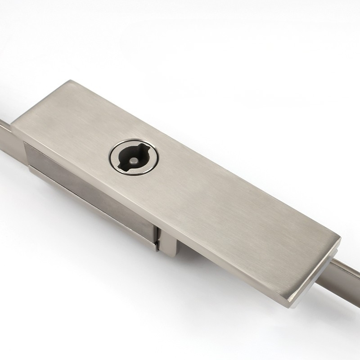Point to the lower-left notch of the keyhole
[120, 166]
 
